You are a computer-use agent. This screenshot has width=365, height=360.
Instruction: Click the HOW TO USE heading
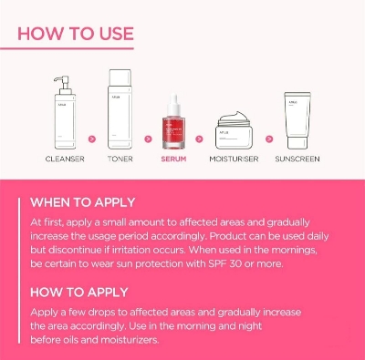tap(75, 36)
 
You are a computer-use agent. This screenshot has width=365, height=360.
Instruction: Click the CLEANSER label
tap(65, 159)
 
